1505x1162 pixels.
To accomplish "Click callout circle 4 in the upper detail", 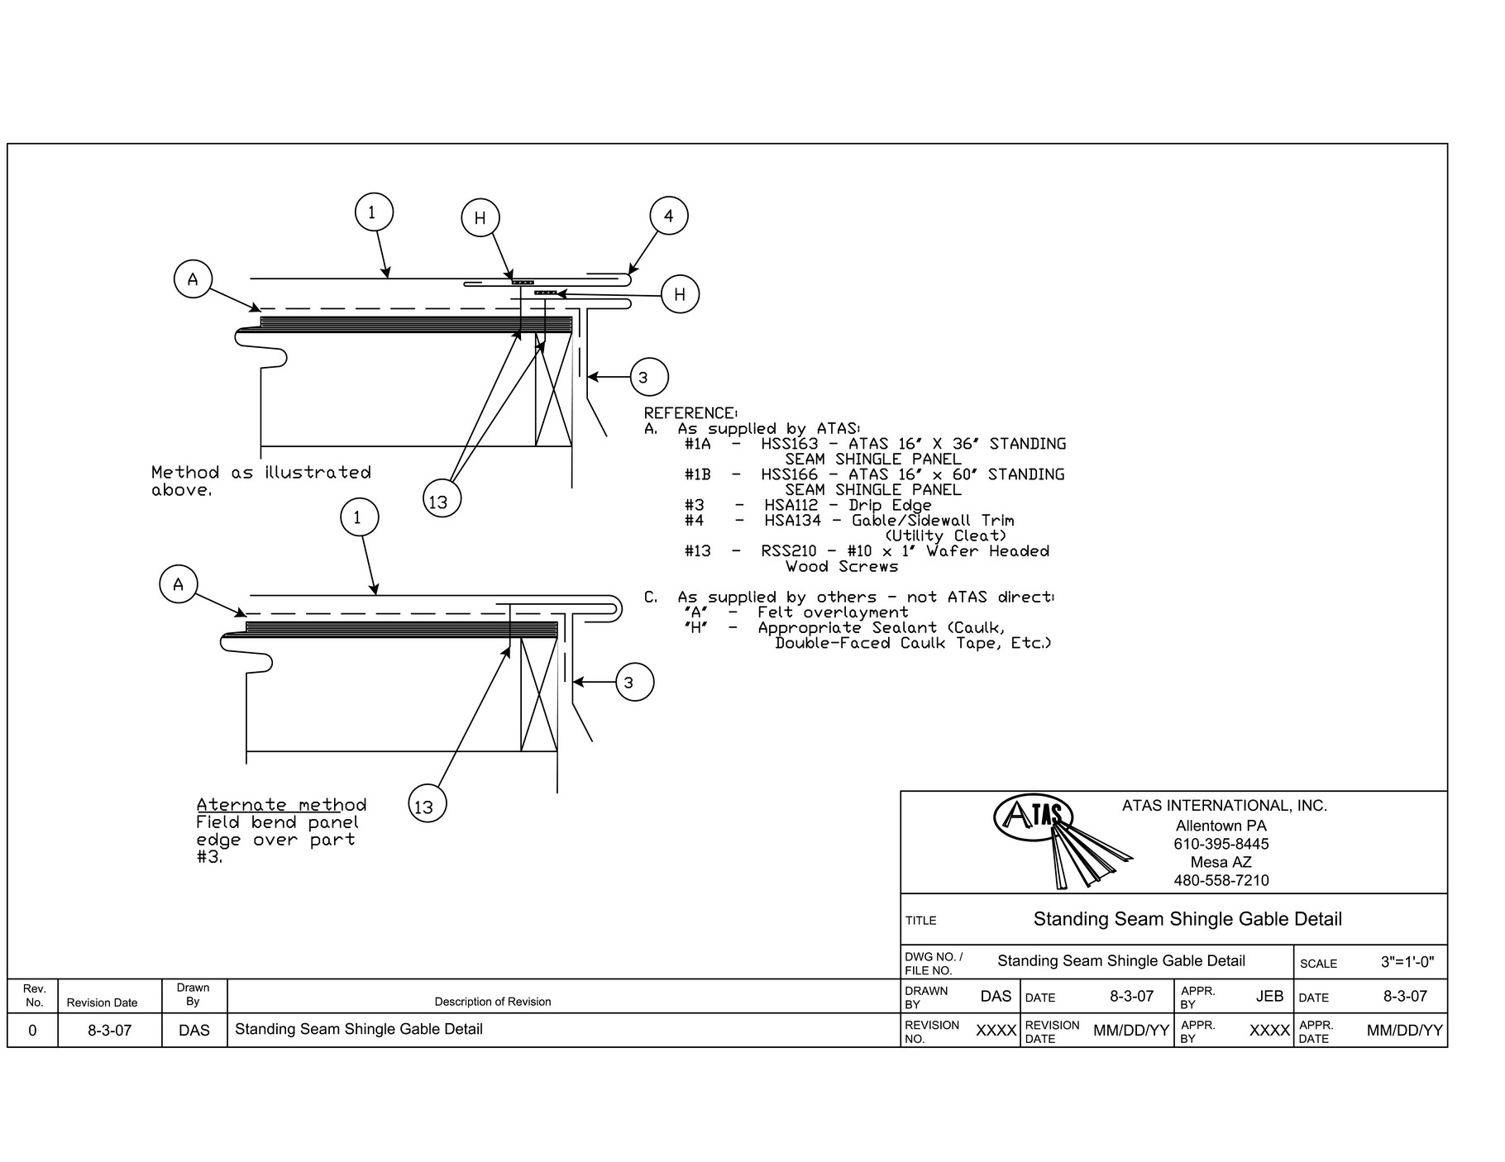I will [669, 217].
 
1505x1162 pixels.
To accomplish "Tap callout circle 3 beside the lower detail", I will [635, 683].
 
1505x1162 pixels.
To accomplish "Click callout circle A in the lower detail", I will [178, 585].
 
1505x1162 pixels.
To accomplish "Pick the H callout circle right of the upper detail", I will [680, 295].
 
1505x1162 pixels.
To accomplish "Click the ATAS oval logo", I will [1032, 817].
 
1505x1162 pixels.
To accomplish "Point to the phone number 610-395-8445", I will [1221, 844].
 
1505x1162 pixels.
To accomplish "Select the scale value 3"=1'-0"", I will [1407, 962].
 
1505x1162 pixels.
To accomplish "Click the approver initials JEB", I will [1268, 997].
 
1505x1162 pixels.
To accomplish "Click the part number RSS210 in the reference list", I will [788, 551].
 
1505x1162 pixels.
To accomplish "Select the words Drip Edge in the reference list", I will [890, 505].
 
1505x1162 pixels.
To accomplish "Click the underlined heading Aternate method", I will [281, 805].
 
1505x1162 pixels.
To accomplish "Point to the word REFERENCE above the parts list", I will [690, 413].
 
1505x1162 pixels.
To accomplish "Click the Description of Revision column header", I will [493, 1002].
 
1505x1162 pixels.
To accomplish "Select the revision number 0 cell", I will [32, 1031].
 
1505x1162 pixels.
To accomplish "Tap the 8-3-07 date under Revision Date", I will [109, 1031].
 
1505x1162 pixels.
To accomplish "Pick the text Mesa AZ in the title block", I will [1221, 862].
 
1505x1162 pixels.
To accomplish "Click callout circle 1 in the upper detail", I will [373, 212].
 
